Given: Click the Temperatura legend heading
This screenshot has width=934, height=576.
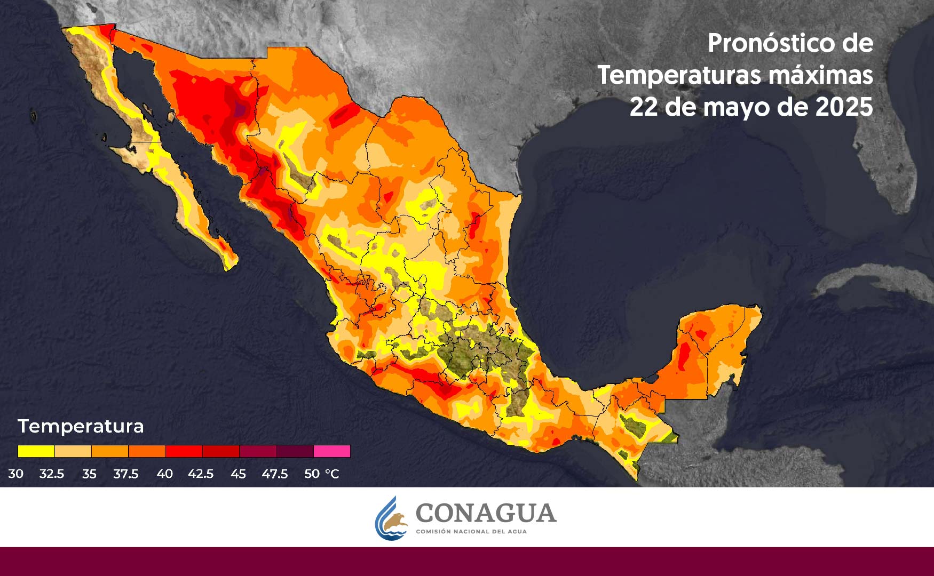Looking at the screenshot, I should pos(81,426).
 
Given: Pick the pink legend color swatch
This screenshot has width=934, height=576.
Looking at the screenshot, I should pos(331,451).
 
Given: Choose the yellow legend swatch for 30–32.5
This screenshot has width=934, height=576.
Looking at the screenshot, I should pos(36,451).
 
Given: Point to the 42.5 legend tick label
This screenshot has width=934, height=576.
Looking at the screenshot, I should pos(200,474).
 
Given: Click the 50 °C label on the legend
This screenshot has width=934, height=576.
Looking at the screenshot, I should pos(321,474).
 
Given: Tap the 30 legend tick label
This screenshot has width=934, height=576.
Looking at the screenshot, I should pos(15,474).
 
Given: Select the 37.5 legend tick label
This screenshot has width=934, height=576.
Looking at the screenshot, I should pos(125,474).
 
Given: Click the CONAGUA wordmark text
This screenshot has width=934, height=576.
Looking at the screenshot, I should pos(486,513).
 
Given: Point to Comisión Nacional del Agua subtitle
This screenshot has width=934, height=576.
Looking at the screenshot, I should pos(471,532).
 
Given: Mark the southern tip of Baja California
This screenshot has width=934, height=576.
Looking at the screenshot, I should pos(229,264).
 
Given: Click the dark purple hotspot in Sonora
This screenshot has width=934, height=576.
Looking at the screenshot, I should pos(241,109).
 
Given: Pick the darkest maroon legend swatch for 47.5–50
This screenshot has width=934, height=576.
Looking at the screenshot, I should pos(295,451).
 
